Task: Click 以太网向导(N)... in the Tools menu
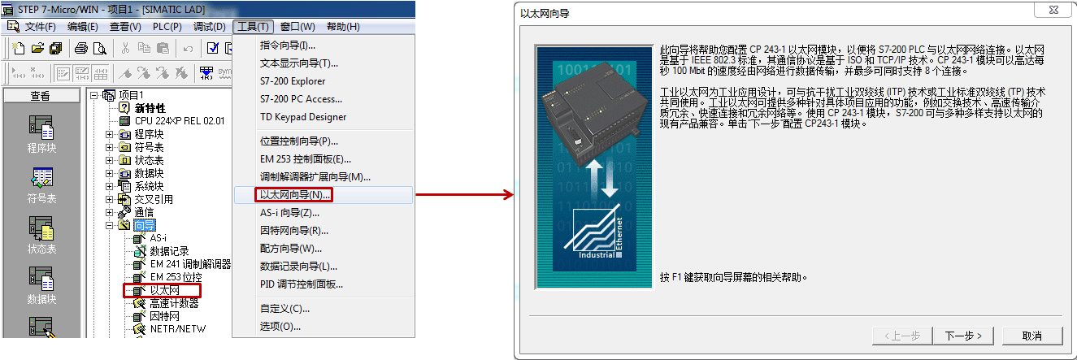pos(295,195)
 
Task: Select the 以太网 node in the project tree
pos(163,290)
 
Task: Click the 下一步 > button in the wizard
pos(963,336)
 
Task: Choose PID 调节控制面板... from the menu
pos(301,284)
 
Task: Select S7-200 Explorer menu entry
pos(293,81)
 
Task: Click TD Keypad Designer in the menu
pos(303,117)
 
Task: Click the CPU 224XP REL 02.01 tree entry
pos(180,121)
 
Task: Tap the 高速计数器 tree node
pos(174,304)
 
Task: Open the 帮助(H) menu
pos(341,27)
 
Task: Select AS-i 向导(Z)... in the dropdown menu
pos(289,213)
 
